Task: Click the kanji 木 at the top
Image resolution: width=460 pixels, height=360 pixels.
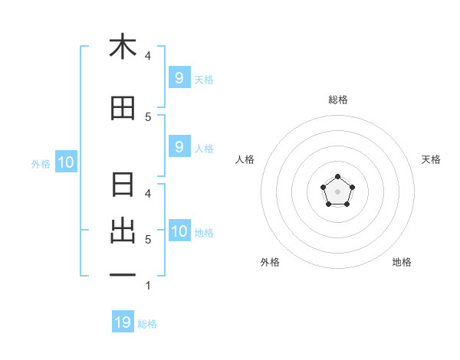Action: click(x=123, y=47)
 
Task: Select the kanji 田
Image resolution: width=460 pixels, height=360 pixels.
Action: click(x=123, y=109)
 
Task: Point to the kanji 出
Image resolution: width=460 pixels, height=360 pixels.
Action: click(x=123, y=230)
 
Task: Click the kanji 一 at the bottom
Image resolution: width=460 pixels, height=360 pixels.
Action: click(x=123, y=273)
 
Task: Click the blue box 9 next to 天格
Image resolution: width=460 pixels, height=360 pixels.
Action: click(x=179, y=77)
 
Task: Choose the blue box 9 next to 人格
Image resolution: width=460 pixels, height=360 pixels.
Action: click(x=179, y=147)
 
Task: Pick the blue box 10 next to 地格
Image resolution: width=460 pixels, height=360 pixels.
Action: click(x=179, y=231)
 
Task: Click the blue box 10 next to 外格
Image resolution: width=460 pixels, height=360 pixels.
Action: click(x=65, y=162)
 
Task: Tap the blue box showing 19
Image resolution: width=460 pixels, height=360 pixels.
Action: click(x=123, y=322)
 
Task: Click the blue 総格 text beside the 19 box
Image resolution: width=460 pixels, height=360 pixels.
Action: click(x=147, y=324)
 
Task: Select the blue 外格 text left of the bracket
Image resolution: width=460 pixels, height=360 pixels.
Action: click(x=41, y=163)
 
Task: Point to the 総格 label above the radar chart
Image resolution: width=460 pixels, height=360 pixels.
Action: click(x=337, y=100)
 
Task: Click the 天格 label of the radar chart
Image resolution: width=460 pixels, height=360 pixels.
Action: click(x=431, y=159)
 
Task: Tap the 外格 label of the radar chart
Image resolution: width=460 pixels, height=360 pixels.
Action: click(x=270, y=262)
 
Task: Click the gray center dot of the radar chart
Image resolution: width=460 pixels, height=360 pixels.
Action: click(x=337, y=192)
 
